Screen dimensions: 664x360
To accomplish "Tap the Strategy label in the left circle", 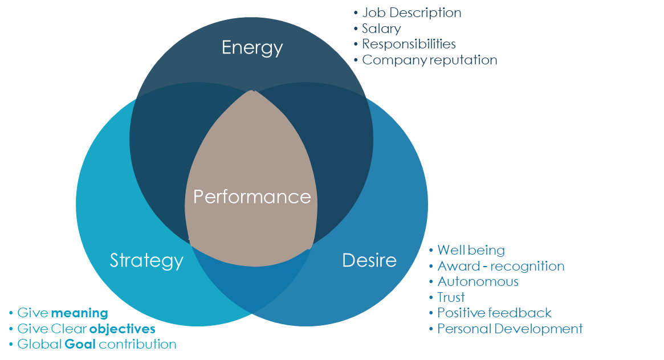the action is pyautogui.click(x=146, y=261).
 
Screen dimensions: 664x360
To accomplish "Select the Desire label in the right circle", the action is pyautogui.click(x=369, y=260).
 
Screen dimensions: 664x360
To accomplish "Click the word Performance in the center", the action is pyautogui.click(x=252, y=197).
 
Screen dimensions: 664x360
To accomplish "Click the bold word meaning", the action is pyautogui.click(x=80, y=313).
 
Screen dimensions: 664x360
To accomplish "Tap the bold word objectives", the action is pyautogui.click(x=123, y=329).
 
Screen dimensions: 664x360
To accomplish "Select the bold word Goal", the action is pyautogui.click(x=80, y=345).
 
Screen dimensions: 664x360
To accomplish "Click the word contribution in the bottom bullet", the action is pyautogui.click(x=137, y=345).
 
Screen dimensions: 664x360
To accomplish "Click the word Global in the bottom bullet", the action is pyautogui.click(x=40, y=345).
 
